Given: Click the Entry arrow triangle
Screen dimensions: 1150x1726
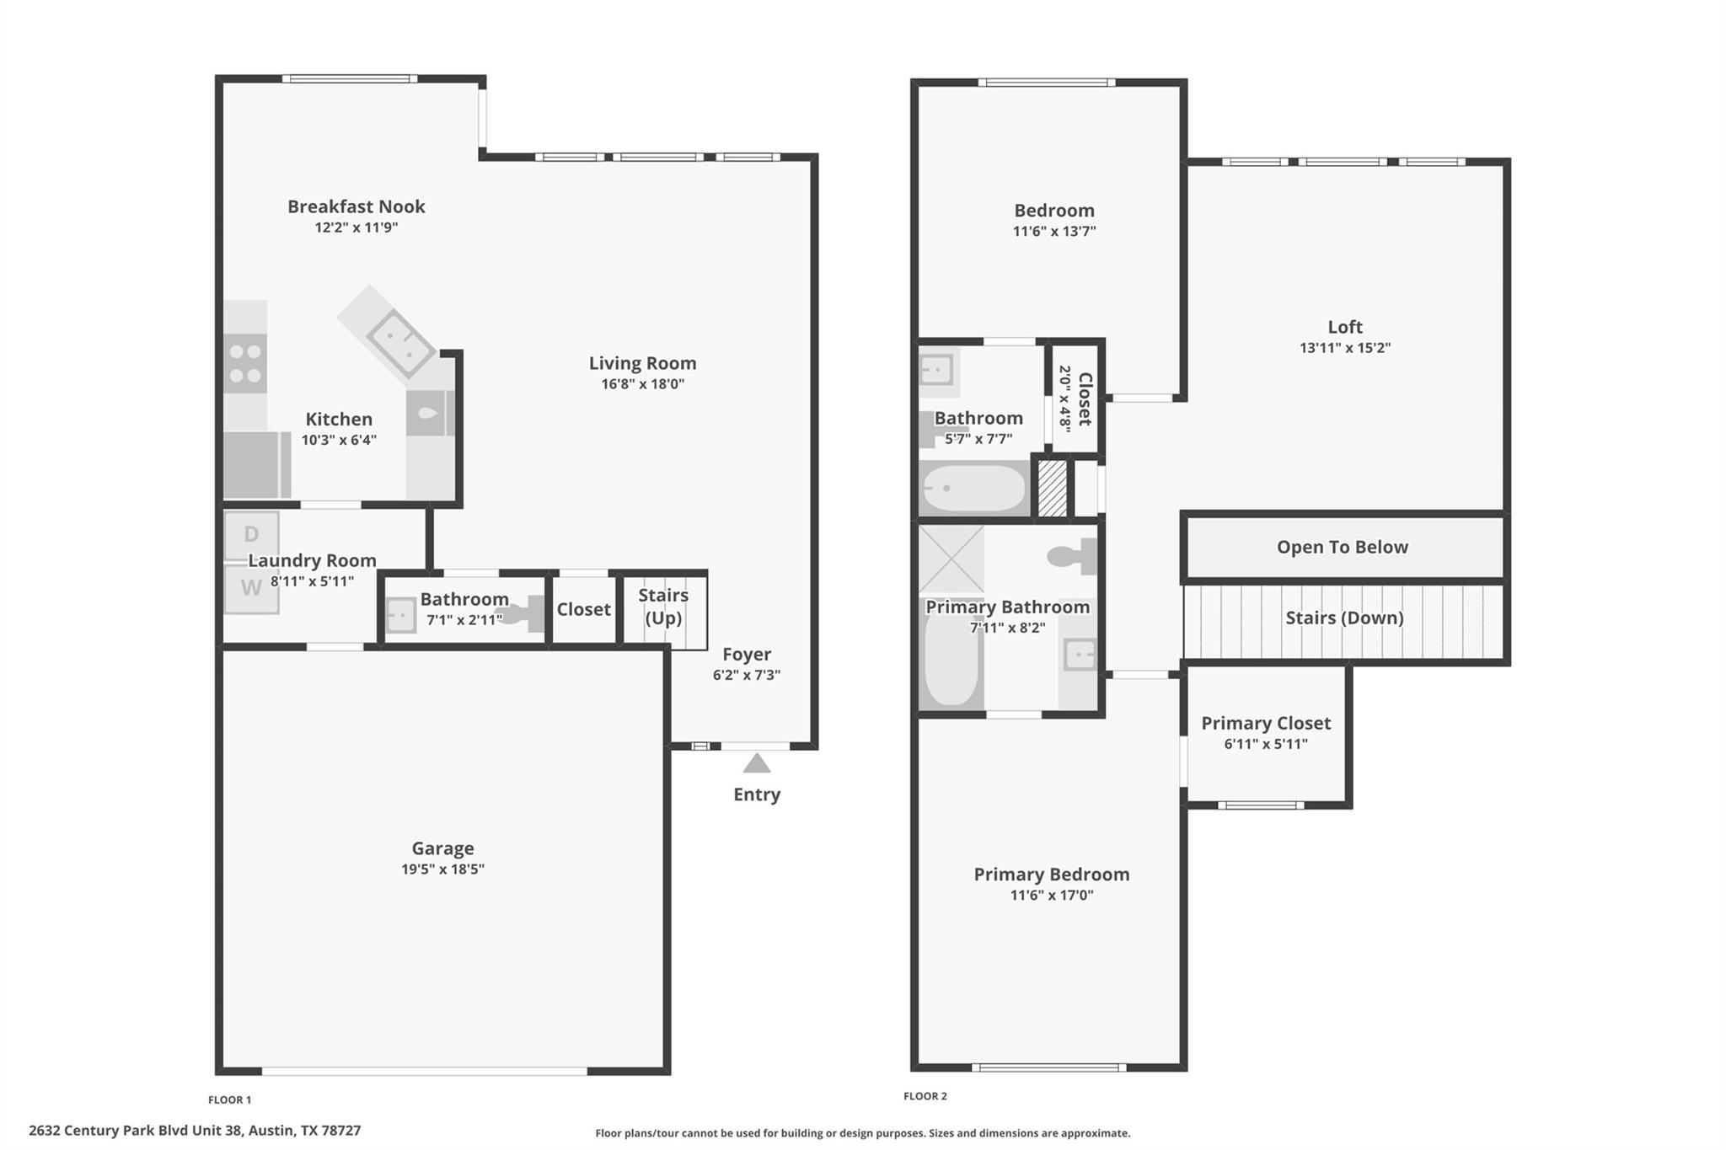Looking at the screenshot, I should [x=756, y=764].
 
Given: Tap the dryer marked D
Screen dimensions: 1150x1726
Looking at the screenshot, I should [x=251, y=535].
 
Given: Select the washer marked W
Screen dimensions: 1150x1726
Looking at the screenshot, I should [x=251, y=588].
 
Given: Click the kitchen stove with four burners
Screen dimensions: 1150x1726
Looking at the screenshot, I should [x=245, y=363].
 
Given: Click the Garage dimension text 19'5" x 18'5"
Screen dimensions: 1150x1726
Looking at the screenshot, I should [x=442, y=869].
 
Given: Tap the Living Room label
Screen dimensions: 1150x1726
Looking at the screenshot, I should [x=642, y=363].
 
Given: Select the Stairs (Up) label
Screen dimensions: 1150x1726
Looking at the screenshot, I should [x=663, y=607].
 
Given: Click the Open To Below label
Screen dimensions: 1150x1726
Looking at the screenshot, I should [x=1342, y=548].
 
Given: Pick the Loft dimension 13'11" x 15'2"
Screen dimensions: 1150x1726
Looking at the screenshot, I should [x=1344, y=348].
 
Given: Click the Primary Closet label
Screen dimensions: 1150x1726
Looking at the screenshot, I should [x=1265, y=723].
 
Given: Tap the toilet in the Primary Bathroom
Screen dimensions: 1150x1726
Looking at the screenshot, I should [x=1072, y=556].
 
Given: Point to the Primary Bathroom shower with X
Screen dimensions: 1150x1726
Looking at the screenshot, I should [x=951, y=559].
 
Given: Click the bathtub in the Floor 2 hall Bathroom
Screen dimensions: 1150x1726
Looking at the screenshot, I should [x=973, y=489].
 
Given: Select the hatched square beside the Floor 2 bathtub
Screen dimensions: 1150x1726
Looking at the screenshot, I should [x=1052, y=488].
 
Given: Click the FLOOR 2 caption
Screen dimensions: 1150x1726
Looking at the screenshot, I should [x=925, y=1096].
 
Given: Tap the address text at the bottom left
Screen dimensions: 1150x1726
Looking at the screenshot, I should [x=195, y=1131].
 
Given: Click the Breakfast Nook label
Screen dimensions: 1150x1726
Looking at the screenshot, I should [x=356, y=206].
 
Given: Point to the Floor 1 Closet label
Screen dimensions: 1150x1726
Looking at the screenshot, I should [x=583, y=609].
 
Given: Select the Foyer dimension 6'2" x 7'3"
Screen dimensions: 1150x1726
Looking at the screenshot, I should [x=746, y=675].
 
